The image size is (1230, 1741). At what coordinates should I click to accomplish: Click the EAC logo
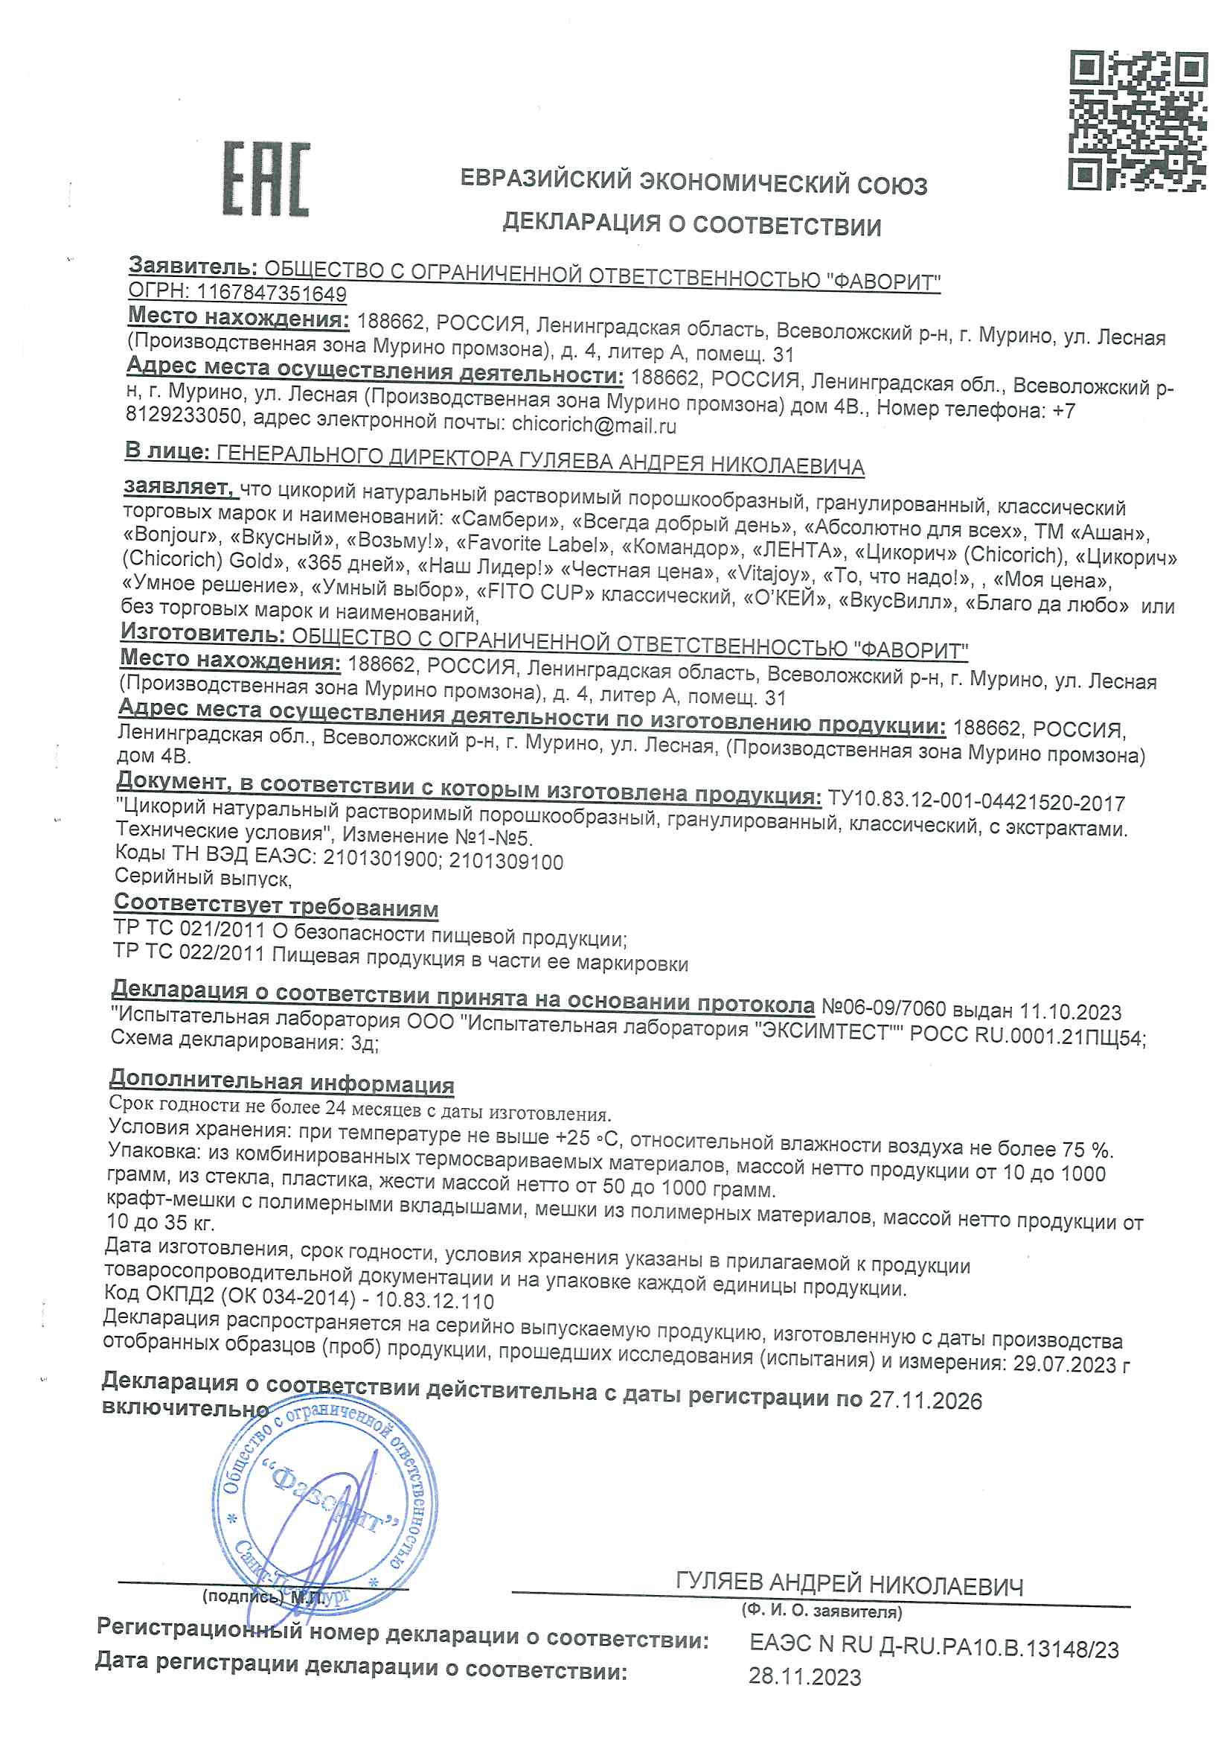(x=265, y=179)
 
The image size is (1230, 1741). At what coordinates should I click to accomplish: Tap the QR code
(x=1137, y=120)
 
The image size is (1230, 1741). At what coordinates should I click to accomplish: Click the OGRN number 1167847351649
(x=272, y=293)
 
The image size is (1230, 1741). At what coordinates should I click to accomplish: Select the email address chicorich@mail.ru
(x=593, y=424)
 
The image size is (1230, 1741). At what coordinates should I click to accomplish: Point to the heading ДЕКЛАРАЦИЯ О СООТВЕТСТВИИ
(x=691, y=223)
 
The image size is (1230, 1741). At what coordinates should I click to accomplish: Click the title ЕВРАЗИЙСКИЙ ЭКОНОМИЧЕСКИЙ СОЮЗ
(x=694, y=182)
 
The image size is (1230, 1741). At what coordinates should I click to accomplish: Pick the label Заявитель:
(x=193, y=266)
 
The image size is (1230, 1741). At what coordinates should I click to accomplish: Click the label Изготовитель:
(x=202, y=633)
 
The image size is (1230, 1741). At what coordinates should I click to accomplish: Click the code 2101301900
(x=379, y=859)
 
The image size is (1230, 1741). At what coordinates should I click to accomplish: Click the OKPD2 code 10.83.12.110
(x=435, y=1301)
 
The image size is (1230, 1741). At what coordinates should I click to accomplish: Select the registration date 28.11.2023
(x=805, y=1676)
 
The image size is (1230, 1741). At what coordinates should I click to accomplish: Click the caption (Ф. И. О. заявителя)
(x=821, y=1611)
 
